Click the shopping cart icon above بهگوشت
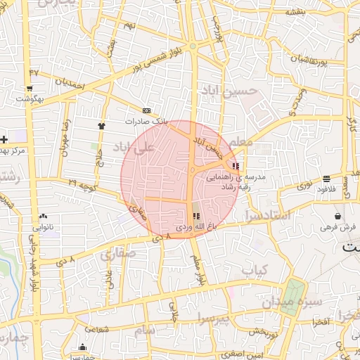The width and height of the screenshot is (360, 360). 29,89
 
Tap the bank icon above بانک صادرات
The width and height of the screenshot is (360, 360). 146,110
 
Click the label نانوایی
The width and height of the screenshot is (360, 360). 43,227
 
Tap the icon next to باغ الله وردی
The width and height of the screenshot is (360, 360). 196,216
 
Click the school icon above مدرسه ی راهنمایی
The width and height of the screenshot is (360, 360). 236,167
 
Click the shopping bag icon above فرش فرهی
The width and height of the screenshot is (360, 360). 339,216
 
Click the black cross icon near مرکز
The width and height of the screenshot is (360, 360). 4,139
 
